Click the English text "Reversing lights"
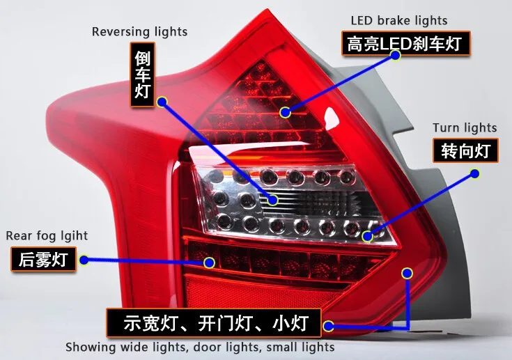[140, 32]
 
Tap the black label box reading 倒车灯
[142, 75]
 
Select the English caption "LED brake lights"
[399, 21]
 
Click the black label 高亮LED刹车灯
[406, 43]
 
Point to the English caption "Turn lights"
[465, 127]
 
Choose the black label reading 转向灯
[465, 150]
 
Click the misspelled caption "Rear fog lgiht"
[47, 235]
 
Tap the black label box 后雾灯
[43, 259]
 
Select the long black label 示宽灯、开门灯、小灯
[214, 323]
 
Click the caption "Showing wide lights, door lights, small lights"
[200, 347]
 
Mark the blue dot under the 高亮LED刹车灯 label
[396, 55]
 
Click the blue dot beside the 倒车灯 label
[162, 102]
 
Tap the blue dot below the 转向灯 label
[475, 173]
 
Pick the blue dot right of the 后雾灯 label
[84, 260]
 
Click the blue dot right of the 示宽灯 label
[329, 326]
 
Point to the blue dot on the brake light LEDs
[285, 113]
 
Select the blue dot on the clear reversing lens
[272, 199]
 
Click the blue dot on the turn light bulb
[367, 236]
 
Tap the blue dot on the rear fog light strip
[209, 263]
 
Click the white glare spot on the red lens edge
[332, 118]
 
